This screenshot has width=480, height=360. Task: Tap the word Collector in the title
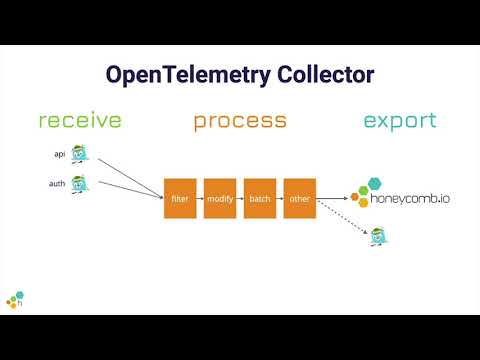click(x=326, y=76)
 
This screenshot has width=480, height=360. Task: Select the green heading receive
click(x=80, y=121)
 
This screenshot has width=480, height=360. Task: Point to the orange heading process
click(x=240, y=121)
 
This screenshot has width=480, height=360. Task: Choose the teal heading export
click(x=399, y=121)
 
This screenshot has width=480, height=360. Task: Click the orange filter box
click(x=179, y=198)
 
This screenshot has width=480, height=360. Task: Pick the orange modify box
click(x=219, y=198)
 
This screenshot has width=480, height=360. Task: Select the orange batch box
click(x=259, y=198)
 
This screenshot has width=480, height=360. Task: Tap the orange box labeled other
click(x=299, y=198)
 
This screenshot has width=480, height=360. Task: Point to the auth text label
click(x=57, y=184)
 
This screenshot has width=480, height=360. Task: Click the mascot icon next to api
click(x=80, y=155)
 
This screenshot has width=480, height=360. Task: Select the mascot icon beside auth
click(x=80, y=184)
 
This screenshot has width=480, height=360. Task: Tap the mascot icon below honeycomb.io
click(x=378, y=237)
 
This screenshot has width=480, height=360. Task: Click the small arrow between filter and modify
click(x=199, y=198)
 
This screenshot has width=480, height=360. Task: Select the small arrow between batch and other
click(x=279, y=198)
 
